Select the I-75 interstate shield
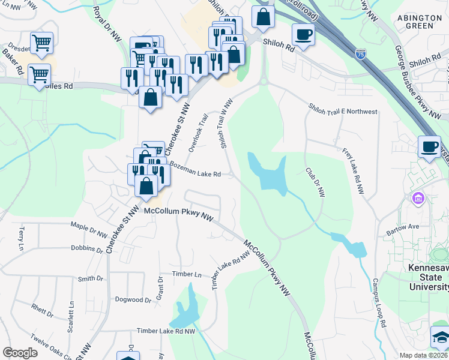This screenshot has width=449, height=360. [x=360, y=54]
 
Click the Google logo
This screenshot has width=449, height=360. [x=20, y=353]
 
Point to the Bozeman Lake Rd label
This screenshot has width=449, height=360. [x=195, y=169]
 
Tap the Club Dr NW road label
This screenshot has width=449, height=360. [x=315, y=181]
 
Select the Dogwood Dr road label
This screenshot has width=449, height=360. [x=133, y=299]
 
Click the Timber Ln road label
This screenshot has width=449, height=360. [x=187, y=274]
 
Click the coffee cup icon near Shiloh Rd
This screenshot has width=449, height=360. [x=303, y=34]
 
